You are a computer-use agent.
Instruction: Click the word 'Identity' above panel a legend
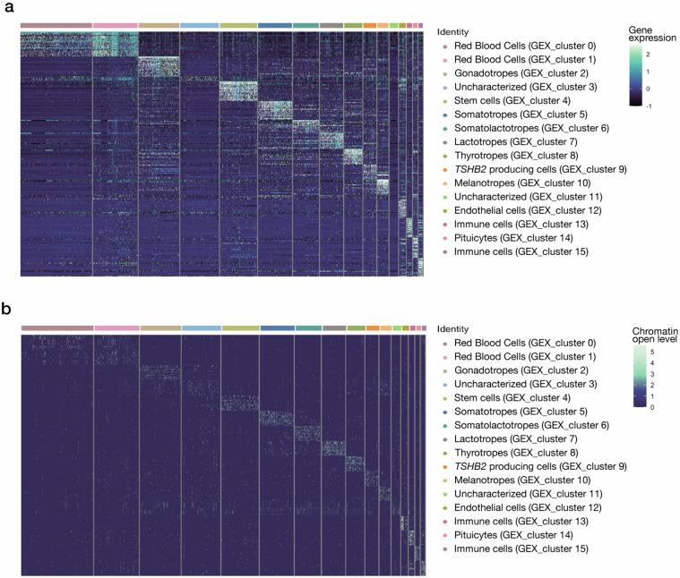tap(455, 31)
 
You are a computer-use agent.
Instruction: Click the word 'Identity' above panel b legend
tap(455, 329)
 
